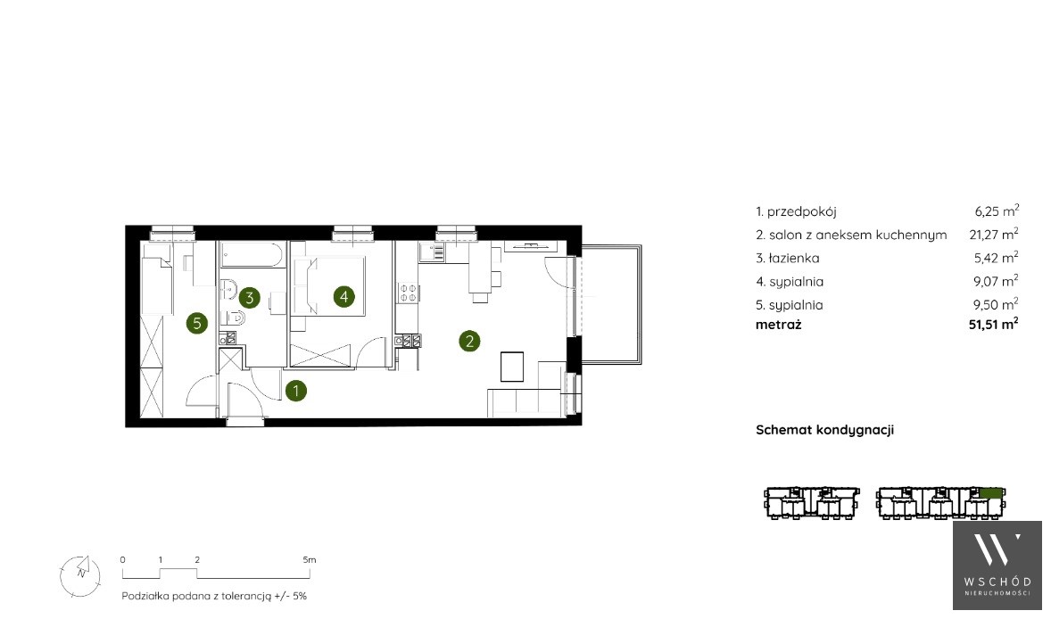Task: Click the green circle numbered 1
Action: pyautogui.click(x=295, y=391)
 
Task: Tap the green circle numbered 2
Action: pyautogui.click(x=469, y=341)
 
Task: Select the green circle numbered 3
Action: pyautogui.click(x=249, y=297)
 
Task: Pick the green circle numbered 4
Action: pyautogui.click(x=343, y=296)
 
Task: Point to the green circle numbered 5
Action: pyautogui.click(x=197, y=324)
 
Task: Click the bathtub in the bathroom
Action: pyautogui.click(x=252, y=254)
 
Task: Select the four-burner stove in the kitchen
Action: pyautogui.click(x=409, y=293)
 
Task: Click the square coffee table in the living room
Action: pyautogui.click(x=512, y=367)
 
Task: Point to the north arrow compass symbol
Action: pyautogui.click(x=79, y=574)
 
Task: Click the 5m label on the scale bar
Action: pyautogui.click(x=309, y=559)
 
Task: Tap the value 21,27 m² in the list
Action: pyautogui.click(x=994, y=234)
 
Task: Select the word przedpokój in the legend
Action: pyautogui.click(x=802, y=211)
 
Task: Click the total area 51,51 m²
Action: pyautogui.click(x=994, y=325)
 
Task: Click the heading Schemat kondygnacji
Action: pyautogui.click(x=825, y=430)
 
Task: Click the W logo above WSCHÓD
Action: pyautogui.click(x=997, y=549)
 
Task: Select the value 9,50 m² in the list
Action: pyautogui.click(x=996, y=304)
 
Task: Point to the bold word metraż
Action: pyautogui.click(x=779, y=325)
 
